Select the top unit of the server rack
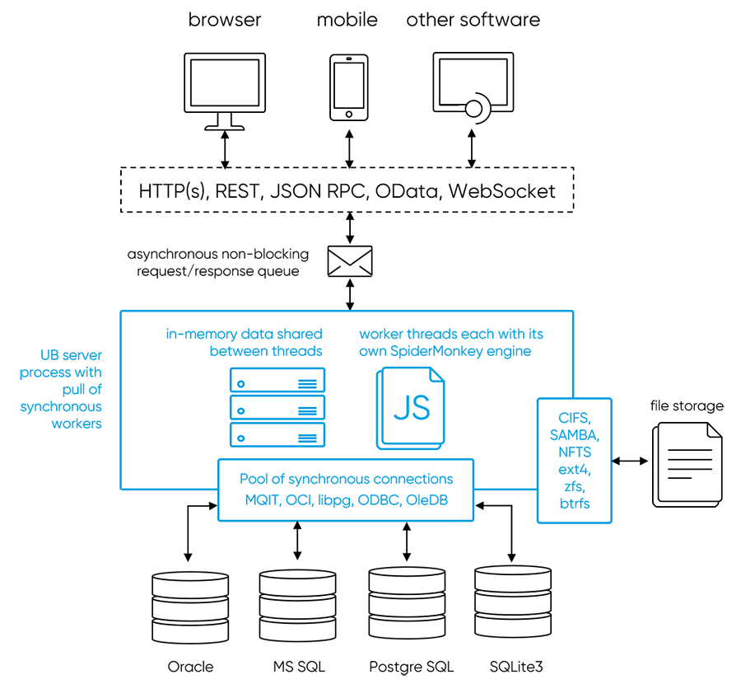tap(277, 381)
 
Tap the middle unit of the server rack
tap(277, 408)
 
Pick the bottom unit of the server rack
tap(277, 435)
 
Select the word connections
tap(412, 479)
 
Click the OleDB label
tap(427, 499)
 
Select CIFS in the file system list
tap(575, 417)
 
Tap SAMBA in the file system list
tap(575, 434)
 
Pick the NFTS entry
tap(575, 452)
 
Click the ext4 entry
tap(575, 469)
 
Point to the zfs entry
tap(575, 486)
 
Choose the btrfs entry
tap(575, 504)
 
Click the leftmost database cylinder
tap(190, 607)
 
